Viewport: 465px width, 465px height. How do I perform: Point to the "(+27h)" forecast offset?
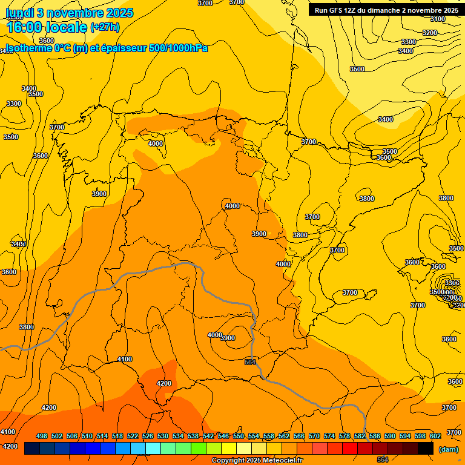pos(105,27)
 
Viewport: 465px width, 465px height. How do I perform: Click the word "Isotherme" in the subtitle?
pos(27,48)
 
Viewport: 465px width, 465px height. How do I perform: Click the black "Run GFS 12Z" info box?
pos(386,10)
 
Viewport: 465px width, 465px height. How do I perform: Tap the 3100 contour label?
pos(437,19)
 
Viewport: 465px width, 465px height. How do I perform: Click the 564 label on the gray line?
pos(250,362)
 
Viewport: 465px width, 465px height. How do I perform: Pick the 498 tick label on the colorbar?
pos(42,437)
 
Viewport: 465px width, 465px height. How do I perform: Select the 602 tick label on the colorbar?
pos(435,437)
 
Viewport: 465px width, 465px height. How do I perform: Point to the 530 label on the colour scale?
pos(163,437)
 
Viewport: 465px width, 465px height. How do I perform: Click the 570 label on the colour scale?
pos(314,437)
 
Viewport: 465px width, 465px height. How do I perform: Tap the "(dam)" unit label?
pos(449,449)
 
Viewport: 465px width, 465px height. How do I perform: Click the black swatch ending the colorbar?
pos(426,449)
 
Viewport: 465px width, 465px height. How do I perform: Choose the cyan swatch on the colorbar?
pos(153,449)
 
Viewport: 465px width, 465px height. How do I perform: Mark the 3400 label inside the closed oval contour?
pos(385,119)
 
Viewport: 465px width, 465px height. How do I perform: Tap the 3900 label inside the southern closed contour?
pos(228,338)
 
